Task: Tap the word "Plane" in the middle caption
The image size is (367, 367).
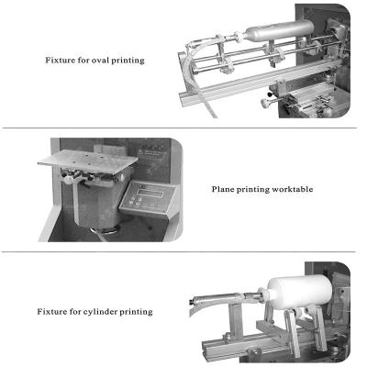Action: [224, 189]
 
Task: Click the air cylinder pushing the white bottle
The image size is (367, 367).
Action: [225, 300]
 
